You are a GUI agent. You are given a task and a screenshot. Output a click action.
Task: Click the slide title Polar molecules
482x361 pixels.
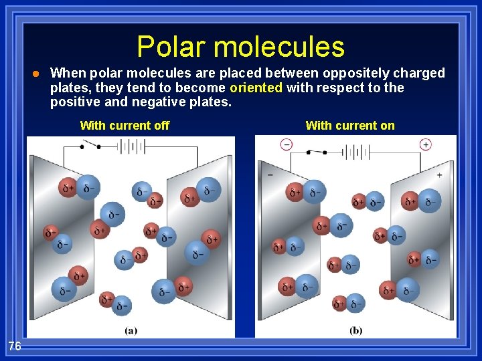click(241, 47)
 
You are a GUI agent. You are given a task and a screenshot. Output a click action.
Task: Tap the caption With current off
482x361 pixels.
click(125, 125)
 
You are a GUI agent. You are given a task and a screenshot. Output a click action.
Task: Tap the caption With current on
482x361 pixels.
click(350, 125)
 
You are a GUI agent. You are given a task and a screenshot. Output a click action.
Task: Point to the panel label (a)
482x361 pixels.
click(132, 330)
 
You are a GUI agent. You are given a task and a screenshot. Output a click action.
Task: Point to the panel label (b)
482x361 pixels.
click(356, 330)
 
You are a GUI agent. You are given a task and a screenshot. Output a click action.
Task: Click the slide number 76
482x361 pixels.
click(15, 346)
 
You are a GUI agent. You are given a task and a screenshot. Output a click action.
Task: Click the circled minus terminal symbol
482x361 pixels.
click(287, 144)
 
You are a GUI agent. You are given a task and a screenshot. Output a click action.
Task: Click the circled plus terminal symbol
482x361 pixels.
click(426, 144)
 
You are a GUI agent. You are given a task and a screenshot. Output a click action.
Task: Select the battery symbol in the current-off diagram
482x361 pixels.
click(132, 146)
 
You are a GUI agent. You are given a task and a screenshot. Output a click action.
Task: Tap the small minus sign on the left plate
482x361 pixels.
click(270, 174)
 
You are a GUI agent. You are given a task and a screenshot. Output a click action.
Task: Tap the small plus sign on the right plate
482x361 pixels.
click(439, 175)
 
